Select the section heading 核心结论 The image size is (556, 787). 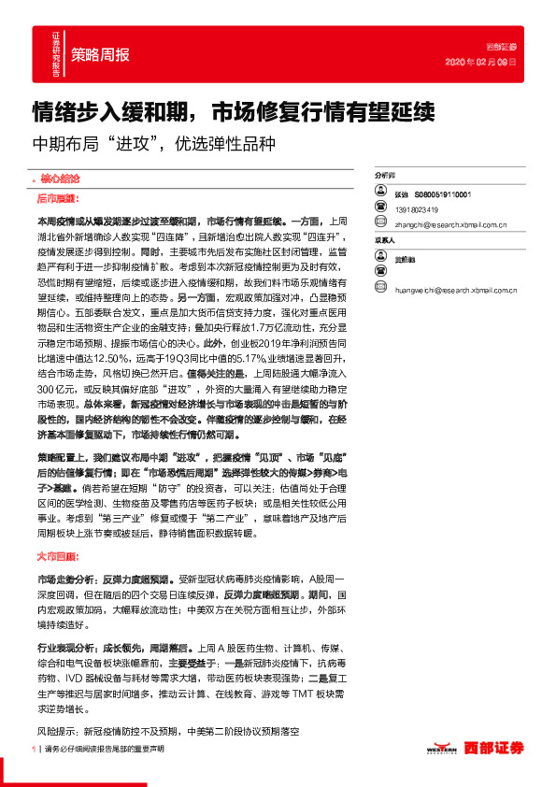click(x=59, y=177)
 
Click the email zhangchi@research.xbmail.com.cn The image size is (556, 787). click(x=450, y=224)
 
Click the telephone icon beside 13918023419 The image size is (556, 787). click(x=380, y=208)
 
